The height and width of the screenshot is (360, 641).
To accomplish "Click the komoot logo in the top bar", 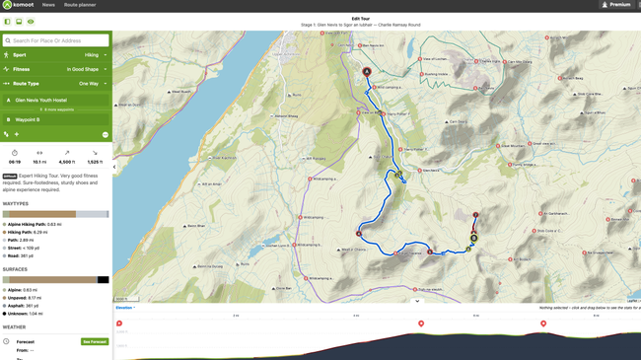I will point(20,5).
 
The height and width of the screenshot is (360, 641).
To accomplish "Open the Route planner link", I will point(79,5).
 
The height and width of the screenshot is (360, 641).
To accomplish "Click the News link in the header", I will point(48,5).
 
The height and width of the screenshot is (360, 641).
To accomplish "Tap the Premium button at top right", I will point(616,5).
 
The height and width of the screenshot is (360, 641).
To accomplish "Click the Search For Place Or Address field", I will point(56,40).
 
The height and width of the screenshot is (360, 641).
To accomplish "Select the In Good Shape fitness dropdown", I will point(87,69).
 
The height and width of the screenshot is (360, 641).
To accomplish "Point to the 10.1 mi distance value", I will point(39,162).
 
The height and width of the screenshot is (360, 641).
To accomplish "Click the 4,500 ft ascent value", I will point(67,162).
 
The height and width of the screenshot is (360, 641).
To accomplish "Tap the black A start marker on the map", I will point(367,72).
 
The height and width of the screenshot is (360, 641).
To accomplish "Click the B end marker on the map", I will point(473,238).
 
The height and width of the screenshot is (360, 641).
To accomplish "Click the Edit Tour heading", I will point(361,19).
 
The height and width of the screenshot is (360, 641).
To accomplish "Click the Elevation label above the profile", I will point(124,308).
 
